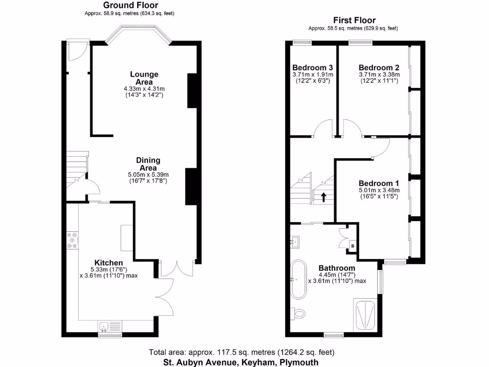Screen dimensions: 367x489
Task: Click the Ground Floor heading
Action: pos(131,5)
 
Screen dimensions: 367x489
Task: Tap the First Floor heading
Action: pos(354,21)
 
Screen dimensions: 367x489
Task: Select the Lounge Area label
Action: pos(144,78)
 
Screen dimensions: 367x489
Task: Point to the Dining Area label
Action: pos(149,164)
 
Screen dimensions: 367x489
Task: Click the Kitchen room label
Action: pos(108,263)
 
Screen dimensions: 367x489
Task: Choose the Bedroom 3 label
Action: pos(312,67)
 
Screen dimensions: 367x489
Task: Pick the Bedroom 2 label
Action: pos(379,67)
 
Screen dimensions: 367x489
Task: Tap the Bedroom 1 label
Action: pos(379,183)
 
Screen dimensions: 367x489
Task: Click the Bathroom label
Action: pos(337,268)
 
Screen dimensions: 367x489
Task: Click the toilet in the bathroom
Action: pos(299,313)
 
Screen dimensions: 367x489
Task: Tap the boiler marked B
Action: pos(352,246)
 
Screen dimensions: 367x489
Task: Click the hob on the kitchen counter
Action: pos(73,240)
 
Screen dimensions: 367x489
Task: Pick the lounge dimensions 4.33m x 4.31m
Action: pos(144,89)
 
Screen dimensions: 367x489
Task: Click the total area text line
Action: pos(242,353)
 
